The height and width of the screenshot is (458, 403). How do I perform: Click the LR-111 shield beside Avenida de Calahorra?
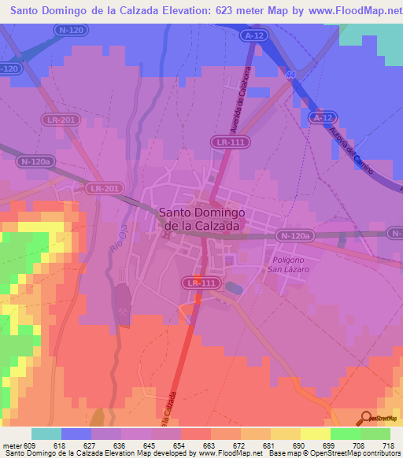[x=227, y=141]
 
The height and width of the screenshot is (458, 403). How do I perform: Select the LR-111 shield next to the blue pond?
[x=201, y=283]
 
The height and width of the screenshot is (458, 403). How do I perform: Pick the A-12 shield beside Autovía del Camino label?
[x=318, y=117]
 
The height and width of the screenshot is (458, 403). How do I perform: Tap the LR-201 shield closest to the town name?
[x=104, y=189]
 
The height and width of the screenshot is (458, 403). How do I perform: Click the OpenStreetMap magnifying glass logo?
[x=364, y=418]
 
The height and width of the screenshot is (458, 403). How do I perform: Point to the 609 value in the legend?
[x=31, y=445]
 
